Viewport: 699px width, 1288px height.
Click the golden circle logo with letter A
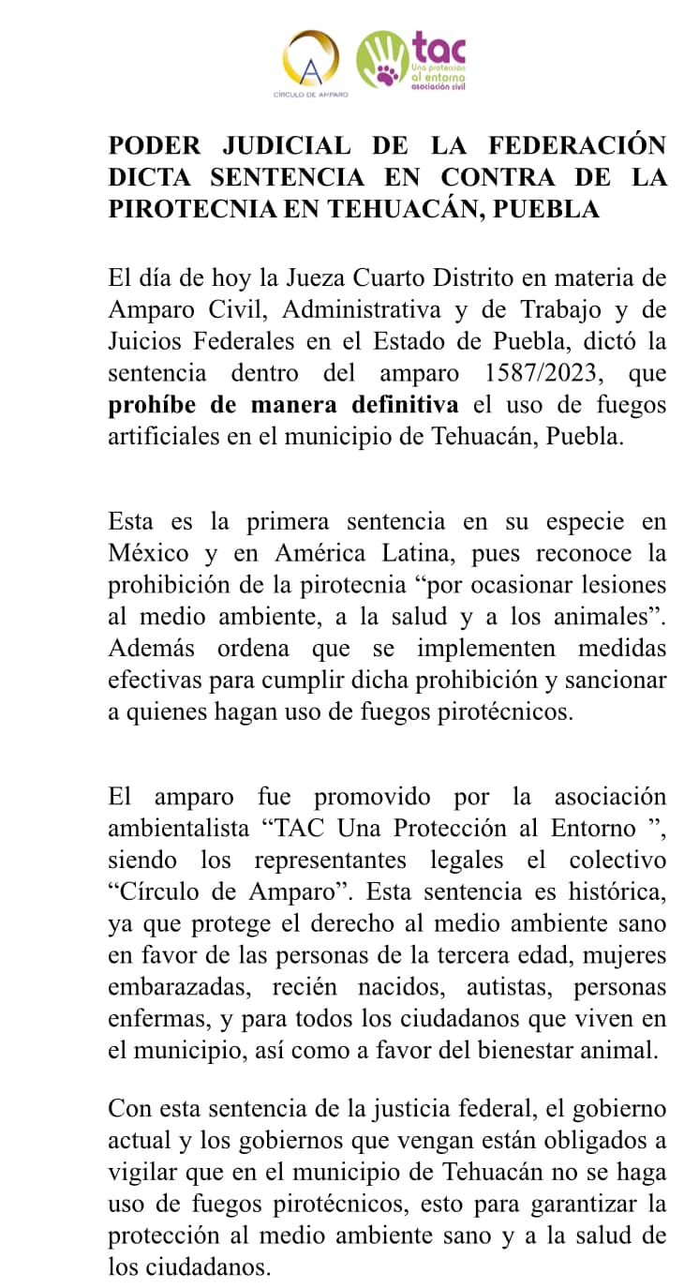[x=311, y=58]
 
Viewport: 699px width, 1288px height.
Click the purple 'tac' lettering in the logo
[x=439, y=46]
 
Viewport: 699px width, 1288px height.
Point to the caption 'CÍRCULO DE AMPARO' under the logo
[x=310, y=95]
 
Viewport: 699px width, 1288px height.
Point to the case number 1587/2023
[x=523, y=372]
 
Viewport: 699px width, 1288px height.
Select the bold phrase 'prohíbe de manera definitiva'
[x=283, y=404]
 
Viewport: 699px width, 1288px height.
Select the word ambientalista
[x=177, y=829]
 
